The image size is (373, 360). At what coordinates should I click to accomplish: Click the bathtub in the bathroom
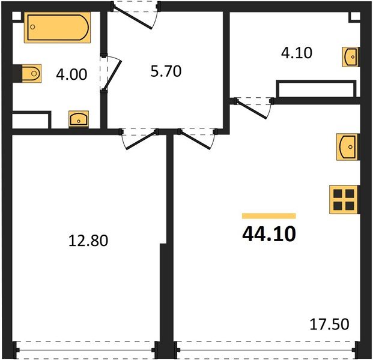(x=56, y=28)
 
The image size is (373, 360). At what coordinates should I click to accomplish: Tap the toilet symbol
(x=28, y=74)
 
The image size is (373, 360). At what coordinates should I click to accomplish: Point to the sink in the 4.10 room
(x=350, y=56)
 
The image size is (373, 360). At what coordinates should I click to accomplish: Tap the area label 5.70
(x=165, y=72)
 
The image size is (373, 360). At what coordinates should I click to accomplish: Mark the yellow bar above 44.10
(x=268, y=215)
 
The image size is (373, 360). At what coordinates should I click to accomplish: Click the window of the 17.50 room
(x=264, y=347)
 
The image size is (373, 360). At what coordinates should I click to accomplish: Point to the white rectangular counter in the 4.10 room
(x=315, y=88)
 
